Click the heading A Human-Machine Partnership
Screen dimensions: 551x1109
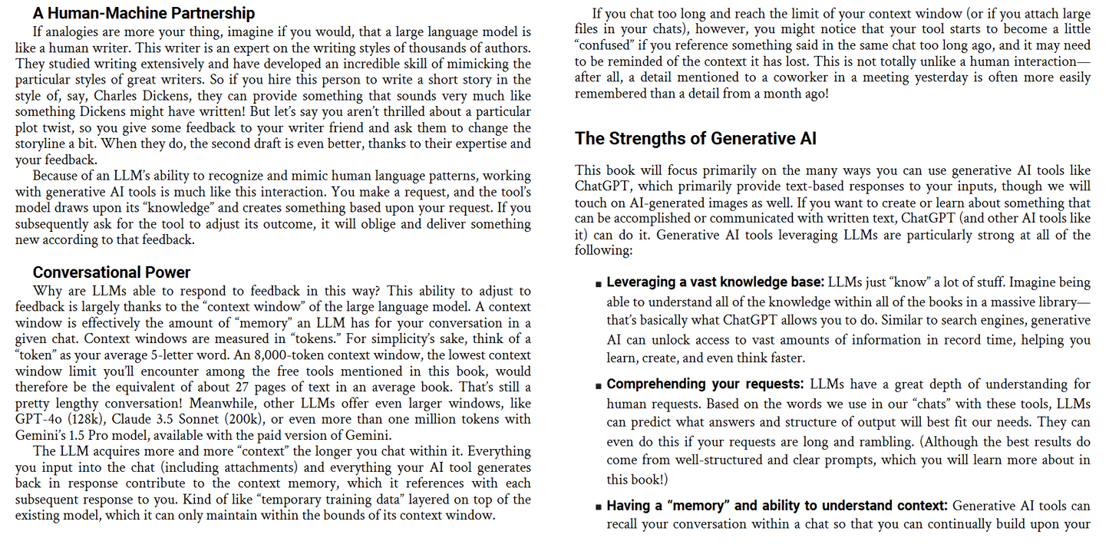144,13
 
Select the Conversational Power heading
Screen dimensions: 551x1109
111,272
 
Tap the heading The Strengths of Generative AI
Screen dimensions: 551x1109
695,139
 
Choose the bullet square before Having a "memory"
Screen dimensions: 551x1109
598,507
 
